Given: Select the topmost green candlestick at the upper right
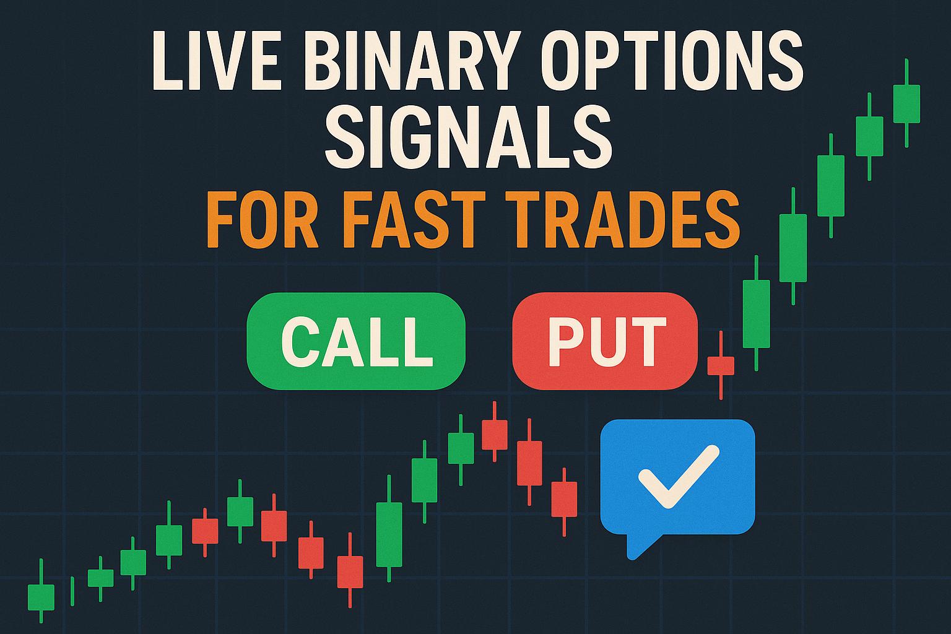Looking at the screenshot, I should click(906, 104).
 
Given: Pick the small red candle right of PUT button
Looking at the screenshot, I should click(721, 365).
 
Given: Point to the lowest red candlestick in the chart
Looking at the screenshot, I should click(350, 571).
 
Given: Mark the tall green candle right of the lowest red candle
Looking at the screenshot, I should click(389, 534).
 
